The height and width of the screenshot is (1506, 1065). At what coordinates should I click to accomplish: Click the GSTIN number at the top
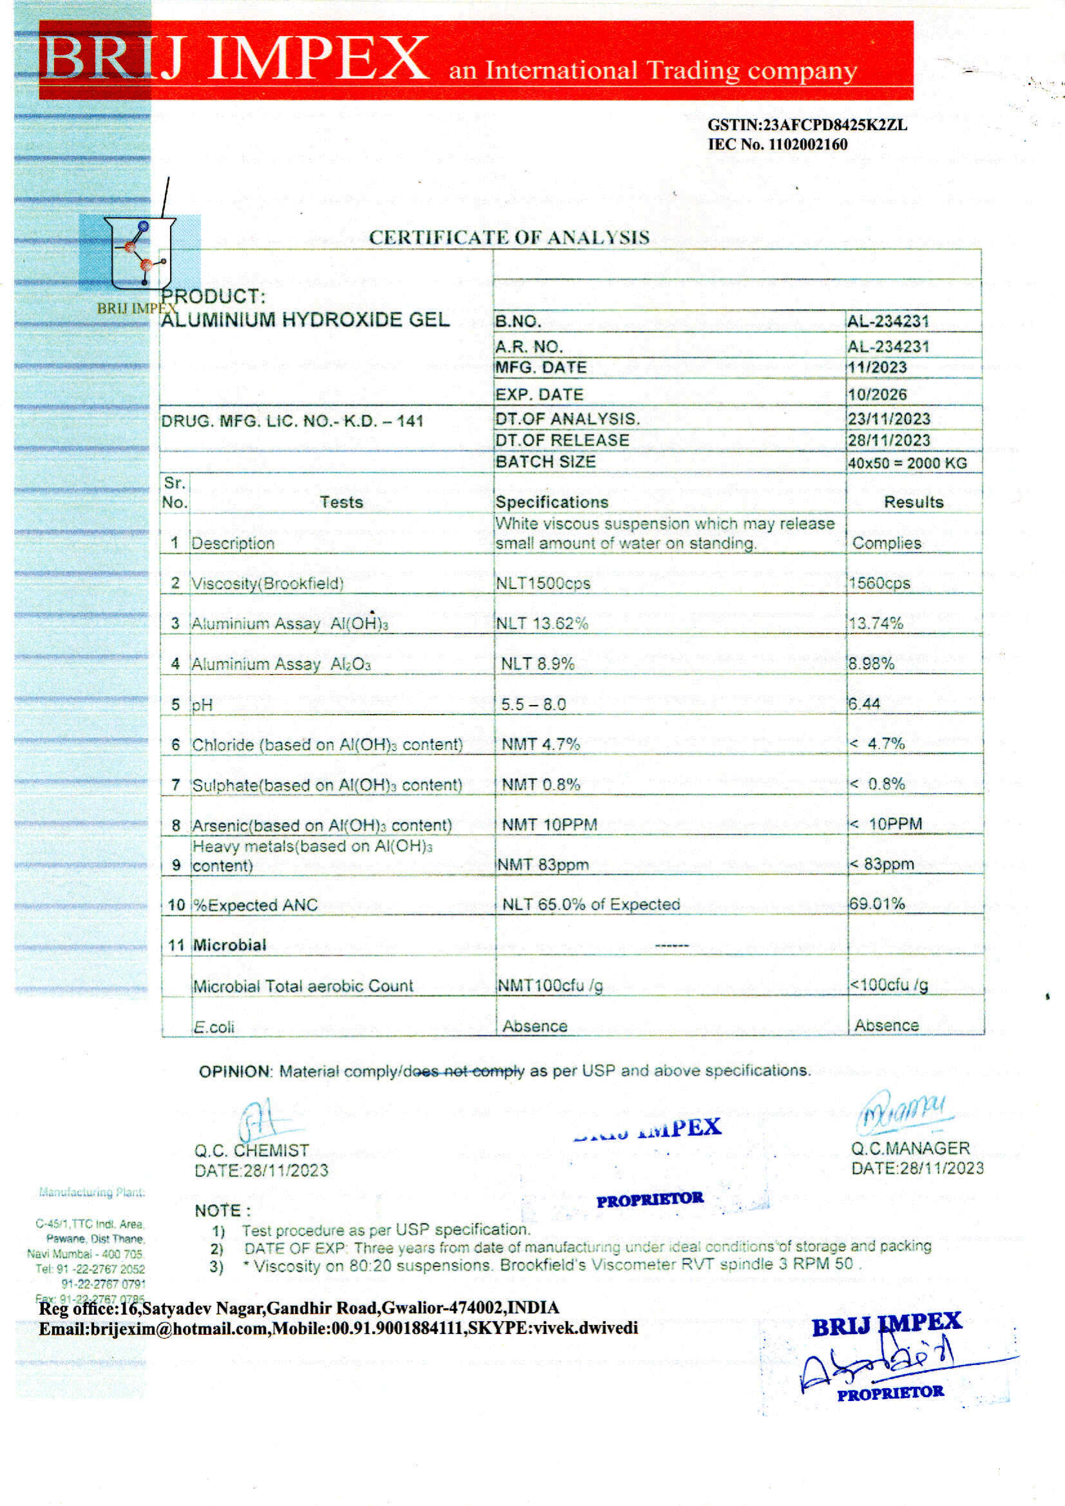coord(807,126)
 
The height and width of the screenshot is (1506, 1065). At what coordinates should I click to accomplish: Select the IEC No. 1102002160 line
coord(777,145)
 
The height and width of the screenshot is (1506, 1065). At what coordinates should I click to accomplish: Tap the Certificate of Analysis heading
coord(509,238)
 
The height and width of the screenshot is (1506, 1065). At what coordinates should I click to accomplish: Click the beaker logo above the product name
coord(140,252)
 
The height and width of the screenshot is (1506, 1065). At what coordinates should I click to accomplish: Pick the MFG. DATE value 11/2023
coord(877,368)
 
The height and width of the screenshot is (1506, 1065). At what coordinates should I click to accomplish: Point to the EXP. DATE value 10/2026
coord(877,395)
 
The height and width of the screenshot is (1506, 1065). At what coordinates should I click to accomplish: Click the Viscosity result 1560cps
coord(879,583)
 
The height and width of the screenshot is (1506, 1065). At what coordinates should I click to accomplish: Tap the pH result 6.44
coord(864,704)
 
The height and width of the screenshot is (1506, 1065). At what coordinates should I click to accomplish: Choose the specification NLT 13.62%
coord(542,623)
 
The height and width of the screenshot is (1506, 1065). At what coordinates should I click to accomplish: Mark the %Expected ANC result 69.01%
coord(877,904)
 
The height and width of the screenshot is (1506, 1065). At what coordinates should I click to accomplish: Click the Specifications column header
coord(552,502)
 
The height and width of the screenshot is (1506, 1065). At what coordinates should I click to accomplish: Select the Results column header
coord(914,502)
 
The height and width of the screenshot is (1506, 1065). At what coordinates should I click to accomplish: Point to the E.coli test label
coord(214,1027)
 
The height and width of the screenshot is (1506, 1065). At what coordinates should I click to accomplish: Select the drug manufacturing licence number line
coord(292,421)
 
